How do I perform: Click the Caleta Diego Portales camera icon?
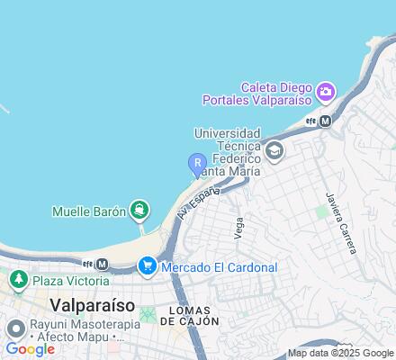click(325, 90)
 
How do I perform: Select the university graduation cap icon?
click(275, 150)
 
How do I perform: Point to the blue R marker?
click(195, 164)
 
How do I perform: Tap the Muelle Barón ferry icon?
click(139, 211)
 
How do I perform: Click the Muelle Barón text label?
click(87, 211)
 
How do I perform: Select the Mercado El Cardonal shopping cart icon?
click(147, 265)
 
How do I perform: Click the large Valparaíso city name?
click(98, 304)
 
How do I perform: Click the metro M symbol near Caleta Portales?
click(326, 121)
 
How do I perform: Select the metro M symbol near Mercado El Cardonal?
click(102, 264)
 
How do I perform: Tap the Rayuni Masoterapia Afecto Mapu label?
click(67, 333)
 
